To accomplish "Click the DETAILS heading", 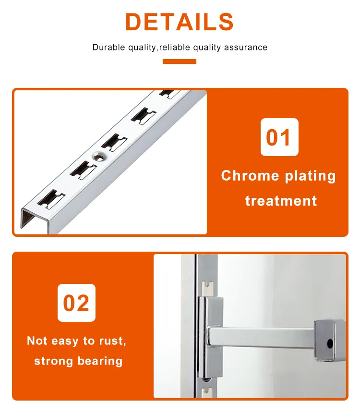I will [x=180, y=22].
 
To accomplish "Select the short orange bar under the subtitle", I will [x=180, y=61].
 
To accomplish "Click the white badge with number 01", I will [x=279, y=137].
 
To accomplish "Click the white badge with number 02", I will [x=76, y=303].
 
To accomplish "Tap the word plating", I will [x=310, y=176].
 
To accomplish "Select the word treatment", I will [x=281, y=200].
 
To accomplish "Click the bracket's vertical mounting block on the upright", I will [x=210, y=336].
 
